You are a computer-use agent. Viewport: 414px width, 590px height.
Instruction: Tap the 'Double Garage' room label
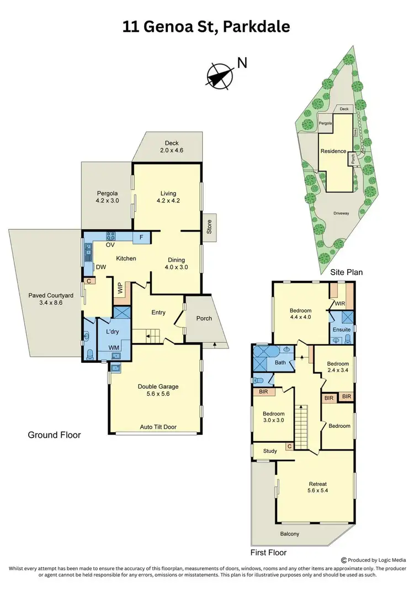[158, 387]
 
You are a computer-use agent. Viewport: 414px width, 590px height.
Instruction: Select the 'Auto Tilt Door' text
[158, 427]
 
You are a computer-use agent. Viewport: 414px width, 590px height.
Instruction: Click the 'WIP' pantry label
[120, 288]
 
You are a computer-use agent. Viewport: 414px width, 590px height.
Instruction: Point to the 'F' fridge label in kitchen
[141, 238]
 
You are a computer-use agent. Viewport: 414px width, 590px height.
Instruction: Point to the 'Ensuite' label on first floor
[342, 330]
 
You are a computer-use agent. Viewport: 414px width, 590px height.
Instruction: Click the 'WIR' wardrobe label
[339, 304]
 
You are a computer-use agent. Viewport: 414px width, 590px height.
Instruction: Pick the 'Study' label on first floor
[270, 451]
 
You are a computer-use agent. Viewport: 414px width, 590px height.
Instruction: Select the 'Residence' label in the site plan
[333, 151]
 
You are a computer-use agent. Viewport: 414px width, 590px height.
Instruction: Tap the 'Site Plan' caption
[346, 272]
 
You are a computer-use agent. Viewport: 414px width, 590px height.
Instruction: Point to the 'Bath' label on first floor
[280, 362]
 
